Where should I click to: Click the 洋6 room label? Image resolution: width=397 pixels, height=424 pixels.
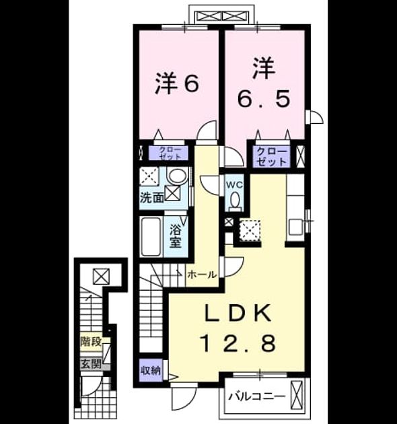[x=177, y=83]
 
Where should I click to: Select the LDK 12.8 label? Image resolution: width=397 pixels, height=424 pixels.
[x=238, y=328]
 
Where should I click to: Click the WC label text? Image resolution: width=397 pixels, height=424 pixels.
[x=235, y=186]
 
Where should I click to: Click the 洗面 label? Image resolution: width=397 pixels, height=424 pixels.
[x=151, y=199]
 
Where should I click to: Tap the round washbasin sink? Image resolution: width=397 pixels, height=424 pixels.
[x=178, y=176]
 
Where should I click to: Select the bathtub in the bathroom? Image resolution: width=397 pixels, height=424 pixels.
[x=151, y=237]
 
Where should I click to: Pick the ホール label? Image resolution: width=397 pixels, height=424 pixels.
[x=202, y=275]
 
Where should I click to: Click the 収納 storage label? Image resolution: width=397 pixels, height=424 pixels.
[x=151, y=370]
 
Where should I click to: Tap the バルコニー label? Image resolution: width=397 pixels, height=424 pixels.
[x=257, y=396]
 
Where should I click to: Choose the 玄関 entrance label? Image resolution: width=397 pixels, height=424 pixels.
[x=91, y=364]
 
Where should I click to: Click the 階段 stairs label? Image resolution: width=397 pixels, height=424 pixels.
[x=91, y=342]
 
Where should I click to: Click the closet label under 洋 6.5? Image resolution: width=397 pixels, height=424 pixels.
[x=271, y=156]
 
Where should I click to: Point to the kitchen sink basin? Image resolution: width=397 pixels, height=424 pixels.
[x=296, y=227]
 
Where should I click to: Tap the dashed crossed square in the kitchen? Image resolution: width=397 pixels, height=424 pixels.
[x=250, y=230]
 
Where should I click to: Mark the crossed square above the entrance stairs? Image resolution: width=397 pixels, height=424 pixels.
[x=101, y=276]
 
